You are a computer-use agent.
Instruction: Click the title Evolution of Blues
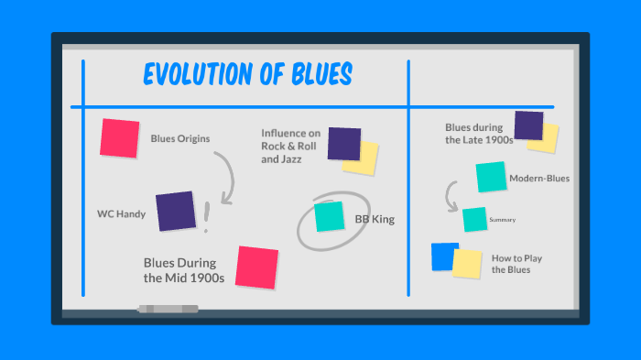248,74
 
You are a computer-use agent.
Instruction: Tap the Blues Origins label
180,139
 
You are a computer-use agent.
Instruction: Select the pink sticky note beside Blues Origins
120,137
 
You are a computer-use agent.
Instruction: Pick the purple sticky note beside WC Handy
175,211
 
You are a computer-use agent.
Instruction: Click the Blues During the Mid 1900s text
183,269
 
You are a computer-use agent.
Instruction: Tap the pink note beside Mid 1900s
256,267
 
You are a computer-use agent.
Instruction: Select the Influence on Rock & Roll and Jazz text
290,146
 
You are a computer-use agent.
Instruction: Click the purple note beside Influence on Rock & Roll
343,144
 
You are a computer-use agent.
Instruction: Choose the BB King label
375,220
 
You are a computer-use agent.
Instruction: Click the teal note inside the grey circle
329,216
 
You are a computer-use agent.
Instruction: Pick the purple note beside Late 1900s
528,125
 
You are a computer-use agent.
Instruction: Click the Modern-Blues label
539,179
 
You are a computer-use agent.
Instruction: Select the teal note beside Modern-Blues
491,177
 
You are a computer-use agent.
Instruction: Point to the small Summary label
503,220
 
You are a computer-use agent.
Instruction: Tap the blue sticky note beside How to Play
443,256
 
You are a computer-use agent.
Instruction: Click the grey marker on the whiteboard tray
168,309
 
